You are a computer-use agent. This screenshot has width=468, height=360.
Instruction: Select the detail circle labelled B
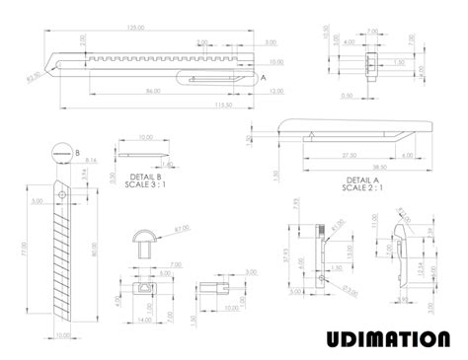pos(58,152)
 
